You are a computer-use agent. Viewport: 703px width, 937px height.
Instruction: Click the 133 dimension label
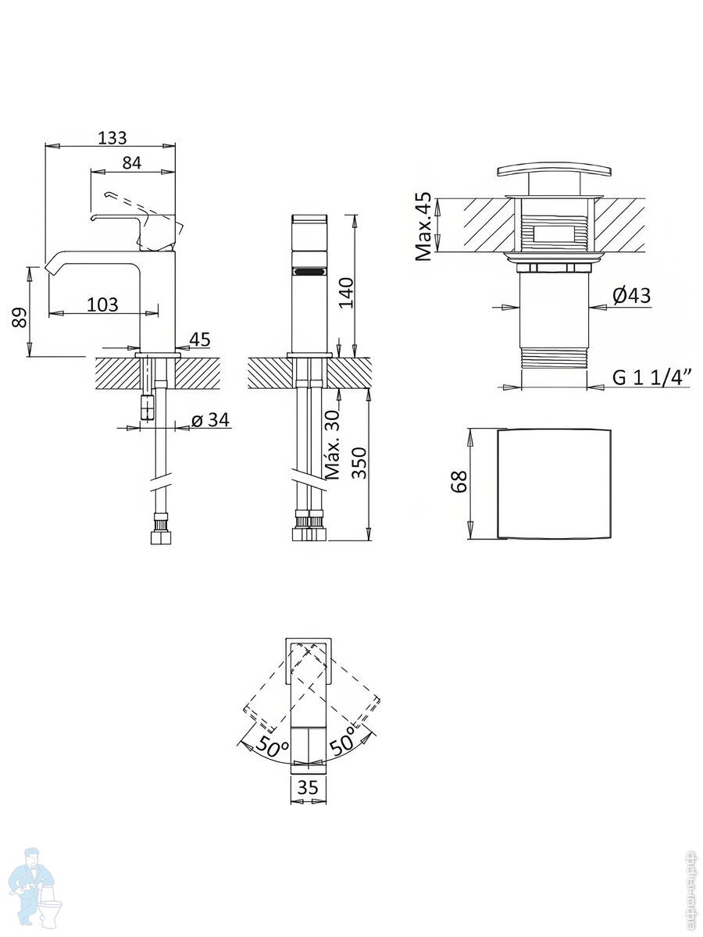[112, 138]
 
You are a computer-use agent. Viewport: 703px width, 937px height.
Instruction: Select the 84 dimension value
[131, 162]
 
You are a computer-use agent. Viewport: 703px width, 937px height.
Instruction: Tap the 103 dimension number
[102, 305]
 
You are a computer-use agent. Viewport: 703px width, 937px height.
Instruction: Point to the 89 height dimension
[19, 317]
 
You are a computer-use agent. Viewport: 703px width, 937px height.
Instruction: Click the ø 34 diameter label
[210, 419]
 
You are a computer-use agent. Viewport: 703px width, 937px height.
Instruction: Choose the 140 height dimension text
[346, 292]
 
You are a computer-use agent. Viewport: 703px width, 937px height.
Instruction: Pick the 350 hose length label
[360, 463]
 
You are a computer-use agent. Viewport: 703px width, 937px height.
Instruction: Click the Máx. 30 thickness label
[333, 444]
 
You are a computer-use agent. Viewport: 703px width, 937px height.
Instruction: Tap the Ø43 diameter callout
[632, 295]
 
